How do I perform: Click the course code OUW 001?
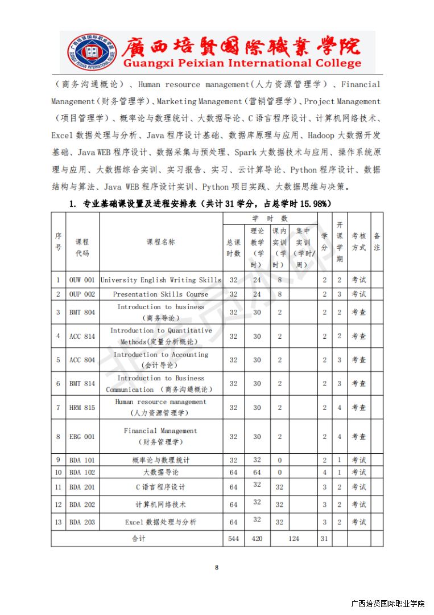82,280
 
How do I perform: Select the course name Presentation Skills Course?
160,294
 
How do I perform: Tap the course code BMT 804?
82,313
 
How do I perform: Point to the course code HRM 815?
82,408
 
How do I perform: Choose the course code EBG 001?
82,437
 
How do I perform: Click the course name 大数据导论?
160,473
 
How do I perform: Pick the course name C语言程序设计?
160,487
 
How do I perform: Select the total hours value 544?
233,539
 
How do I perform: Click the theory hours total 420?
257,539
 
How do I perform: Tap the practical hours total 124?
294,539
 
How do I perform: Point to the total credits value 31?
324,539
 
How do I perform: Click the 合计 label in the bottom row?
138,539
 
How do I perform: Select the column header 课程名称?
160,241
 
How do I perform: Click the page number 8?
217,567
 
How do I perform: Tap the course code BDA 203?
82,522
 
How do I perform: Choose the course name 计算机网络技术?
160,505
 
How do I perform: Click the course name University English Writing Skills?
160,280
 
